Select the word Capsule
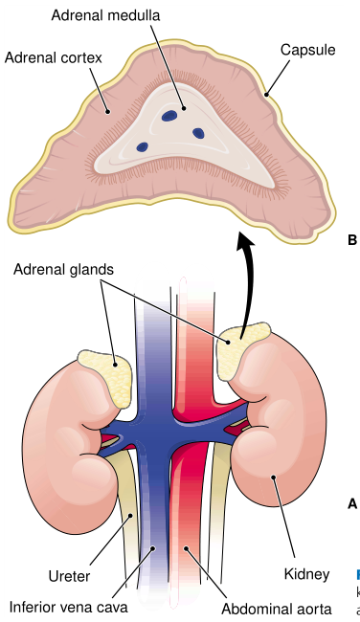tap(308, 49)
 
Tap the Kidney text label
tap(305, 575)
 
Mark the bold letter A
tap(351, 502)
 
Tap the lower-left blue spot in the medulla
tap(143, 146)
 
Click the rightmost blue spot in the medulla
tap(200, 131)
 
